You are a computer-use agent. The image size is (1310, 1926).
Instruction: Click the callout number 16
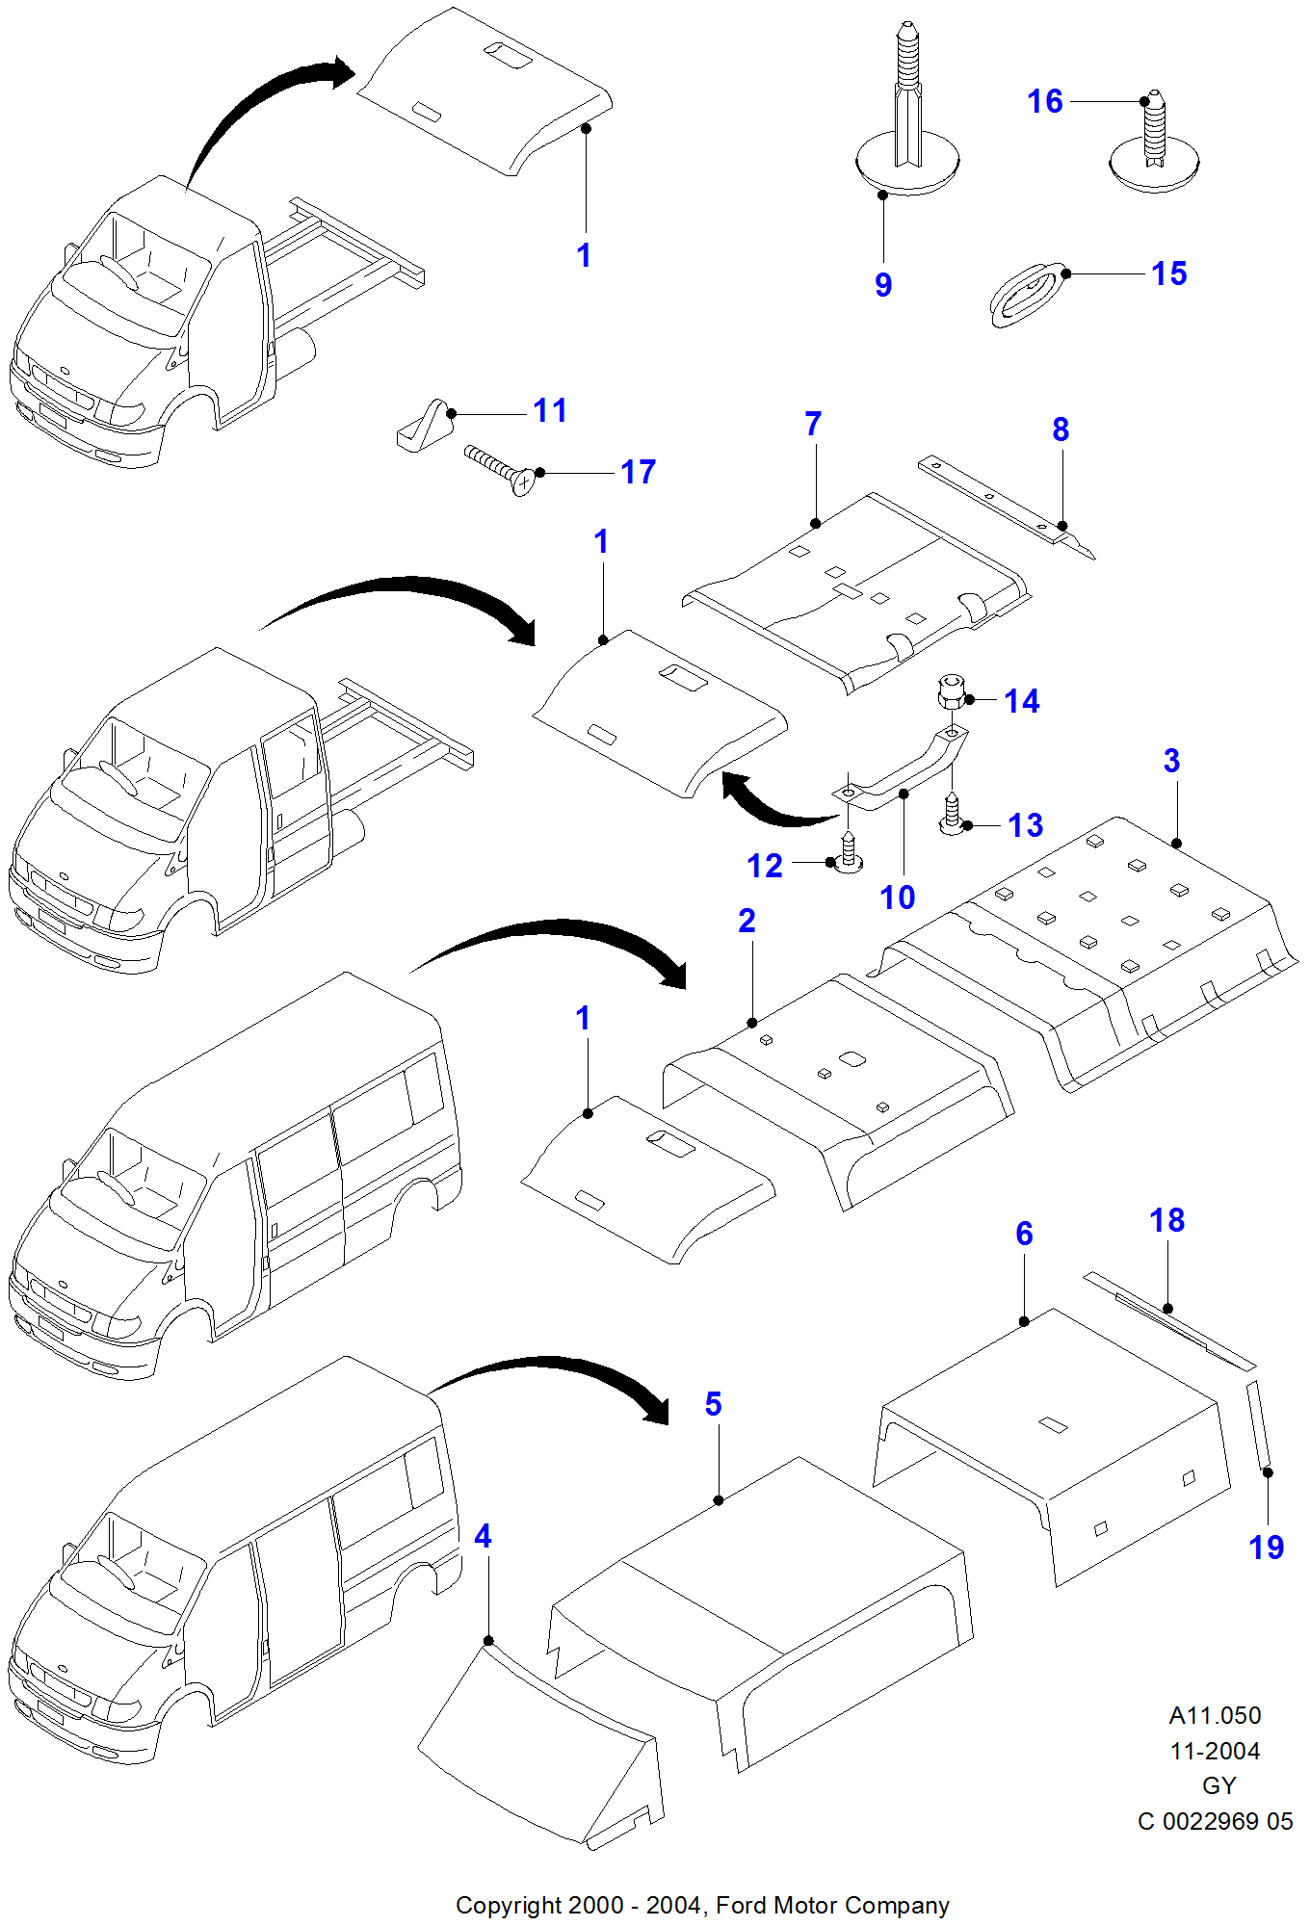point(1044,101)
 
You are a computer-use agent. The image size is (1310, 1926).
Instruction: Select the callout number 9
point(883,285)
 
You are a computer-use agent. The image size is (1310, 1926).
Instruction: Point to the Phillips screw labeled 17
point(500,469)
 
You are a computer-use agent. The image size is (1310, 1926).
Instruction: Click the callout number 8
point(1061,429)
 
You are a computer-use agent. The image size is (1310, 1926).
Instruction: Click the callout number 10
point(897,898)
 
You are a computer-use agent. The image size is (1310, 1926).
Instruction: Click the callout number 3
point(1171,761)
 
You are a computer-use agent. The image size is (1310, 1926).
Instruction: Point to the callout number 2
point(747,921)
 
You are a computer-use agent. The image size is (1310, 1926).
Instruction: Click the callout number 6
point(1024,1234)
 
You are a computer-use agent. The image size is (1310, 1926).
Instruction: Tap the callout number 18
point(1166,1220)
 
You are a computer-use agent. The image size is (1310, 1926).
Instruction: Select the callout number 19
point(1266,1548)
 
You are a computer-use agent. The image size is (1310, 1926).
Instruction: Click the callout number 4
point(483,1536)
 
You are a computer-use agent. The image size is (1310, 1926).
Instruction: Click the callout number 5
point(713,1404)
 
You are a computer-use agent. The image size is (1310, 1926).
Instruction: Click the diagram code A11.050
point(1215,1715)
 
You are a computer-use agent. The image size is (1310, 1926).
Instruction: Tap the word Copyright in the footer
point(508,1905)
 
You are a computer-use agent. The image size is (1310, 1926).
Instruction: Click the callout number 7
point(813,424)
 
